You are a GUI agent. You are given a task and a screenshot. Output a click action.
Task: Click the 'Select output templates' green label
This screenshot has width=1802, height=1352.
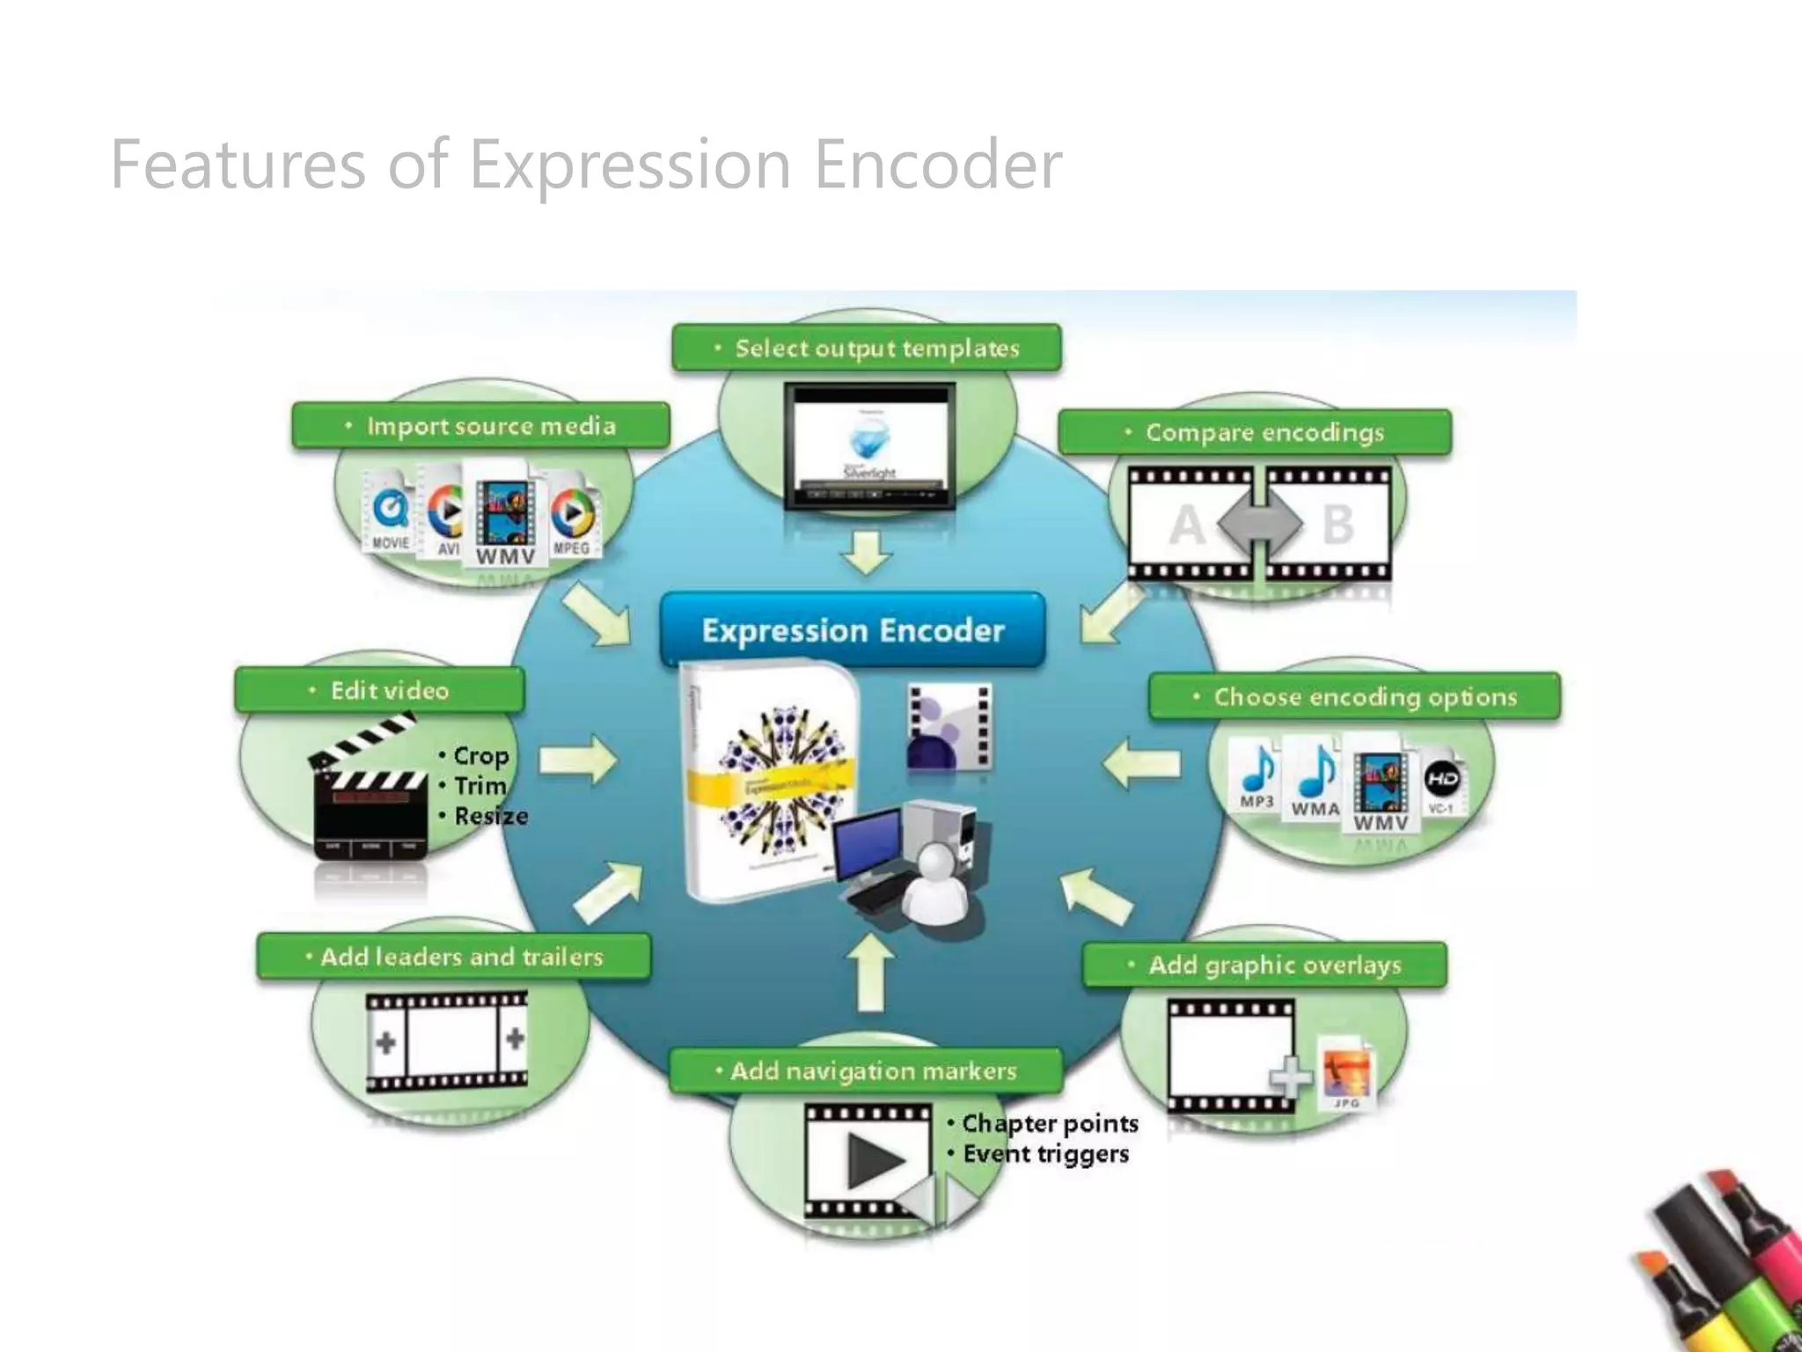pos(867,349)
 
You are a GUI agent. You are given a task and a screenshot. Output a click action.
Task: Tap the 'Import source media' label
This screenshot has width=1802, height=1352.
pos(480,426)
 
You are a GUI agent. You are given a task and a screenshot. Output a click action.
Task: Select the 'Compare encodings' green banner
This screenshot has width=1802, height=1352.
pos(1255,432)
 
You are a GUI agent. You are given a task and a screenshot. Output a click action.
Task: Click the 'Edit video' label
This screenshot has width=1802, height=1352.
pos(380,691)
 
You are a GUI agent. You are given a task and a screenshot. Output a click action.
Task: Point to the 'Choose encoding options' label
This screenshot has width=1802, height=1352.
pos(1355,697)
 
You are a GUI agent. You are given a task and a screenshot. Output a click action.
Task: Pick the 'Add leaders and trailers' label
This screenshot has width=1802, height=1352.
pos(454,957)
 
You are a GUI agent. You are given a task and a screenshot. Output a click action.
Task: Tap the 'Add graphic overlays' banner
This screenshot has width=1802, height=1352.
pos(1265,965)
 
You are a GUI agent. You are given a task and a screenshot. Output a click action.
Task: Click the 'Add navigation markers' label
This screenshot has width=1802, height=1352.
pos(866,1071)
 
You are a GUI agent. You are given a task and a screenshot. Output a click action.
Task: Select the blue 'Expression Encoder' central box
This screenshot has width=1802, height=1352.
pos(853,630)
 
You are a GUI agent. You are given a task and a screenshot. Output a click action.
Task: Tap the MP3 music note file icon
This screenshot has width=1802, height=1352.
pos(1257,775)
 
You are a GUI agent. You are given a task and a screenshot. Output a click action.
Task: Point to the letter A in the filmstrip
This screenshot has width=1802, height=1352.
pos(1188,525)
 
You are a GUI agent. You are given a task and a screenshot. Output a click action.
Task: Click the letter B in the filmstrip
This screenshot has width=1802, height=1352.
pos(1337,525)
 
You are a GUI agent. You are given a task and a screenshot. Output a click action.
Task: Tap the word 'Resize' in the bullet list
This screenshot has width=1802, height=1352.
pos(491,816)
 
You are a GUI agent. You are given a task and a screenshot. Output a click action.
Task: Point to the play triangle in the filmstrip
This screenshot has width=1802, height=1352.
pos(874,1160)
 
